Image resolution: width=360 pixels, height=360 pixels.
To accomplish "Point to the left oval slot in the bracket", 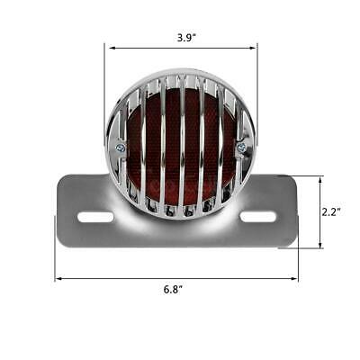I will (x=95, y=217).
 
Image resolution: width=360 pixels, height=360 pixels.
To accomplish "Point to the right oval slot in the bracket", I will (x=257, y=217).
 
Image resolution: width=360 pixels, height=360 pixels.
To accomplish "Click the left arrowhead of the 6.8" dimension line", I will (x=59, y=278).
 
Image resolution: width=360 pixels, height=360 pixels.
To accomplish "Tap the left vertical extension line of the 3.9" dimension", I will (x=105, y=81).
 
